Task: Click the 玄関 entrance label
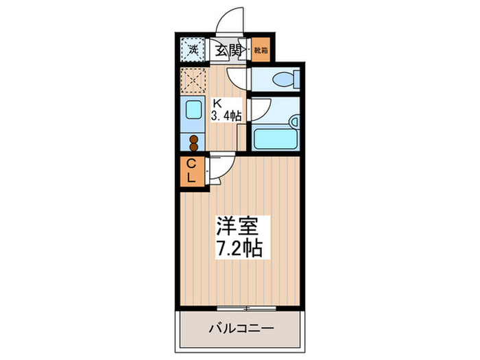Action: (x=229, y=49)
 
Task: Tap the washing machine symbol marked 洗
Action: (x=193, y=49)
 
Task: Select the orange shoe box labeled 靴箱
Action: (x=261, y=49)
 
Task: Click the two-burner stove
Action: (x=193, y=143)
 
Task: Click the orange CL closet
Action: (x=192, y=171)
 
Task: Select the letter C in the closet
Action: (x=192, y=164)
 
